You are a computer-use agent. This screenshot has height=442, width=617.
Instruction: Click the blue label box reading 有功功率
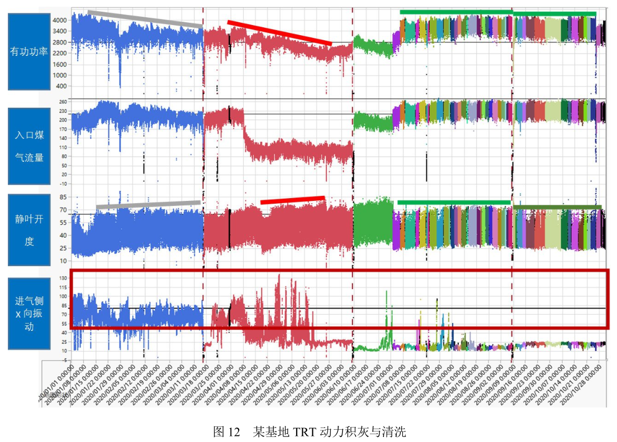(29, 52)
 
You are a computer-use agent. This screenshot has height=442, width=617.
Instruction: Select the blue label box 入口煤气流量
(29, 146)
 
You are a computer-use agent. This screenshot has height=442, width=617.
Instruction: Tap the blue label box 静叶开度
(29, 230)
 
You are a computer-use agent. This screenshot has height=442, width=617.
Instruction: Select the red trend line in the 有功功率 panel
(279, 33)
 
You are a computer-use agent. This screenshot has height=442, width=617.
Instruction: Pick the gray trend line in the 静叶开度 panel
(148, 205)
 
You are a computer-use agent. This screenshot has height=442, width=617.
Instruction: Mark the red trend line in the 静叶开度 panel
(292, 200)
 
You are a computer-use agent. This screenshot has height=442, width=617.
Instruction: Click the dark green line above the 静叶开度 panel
(557, 207)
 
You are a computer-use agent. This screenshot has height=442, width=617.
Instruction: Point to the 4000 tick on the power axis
(59, 20)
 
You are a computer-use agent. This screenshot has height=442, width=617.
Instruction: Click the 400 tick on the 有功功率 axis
(61, 86)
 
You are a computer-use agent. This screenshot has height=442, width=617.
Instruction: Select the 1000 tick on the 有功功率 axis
(59, 75)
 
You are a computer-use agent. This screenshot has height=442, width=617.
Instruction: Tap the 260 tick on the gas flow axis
(62, 102)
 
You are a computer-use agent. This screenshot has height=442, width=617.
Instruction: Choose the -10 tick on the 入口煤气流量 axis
(62, 183)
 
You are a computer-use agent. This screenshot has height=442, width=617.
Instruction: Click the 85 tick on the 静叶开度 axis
(63, 197)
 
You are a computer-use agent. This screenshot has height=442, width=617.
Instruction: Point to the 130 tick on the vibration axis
(62, 278)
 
